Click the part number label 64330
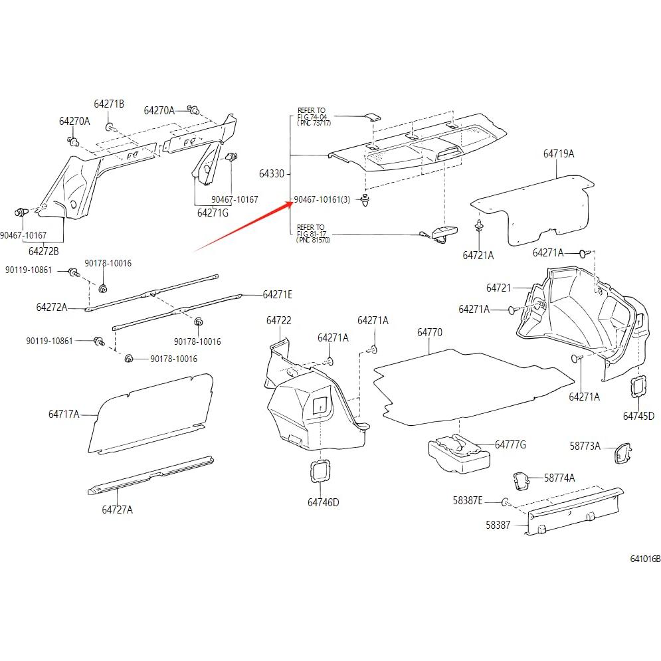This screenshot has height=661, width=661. coord(271,174)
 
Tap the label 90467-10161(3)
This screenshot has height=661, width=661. coord(322,199)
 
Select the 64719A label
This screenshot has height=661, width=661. coord(558,154)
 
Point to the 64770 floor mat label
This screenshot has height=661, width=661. coord(429,332)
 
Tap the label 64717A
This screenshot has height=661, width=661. coord(63,415)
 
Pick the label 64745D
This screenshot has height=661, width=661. coord(638,417)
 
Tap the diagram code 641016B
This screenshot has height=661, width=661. coord(645,559)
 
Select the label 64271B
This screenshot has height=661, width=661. coord(109,104)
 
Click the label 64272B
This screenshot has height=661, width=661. coord(43,252)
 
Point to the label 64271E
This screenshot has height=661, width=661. coord(277,294)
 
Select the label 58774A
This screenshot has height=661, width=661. coord(559,478)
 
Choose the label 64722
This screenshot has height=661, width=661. coord(279,320)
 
